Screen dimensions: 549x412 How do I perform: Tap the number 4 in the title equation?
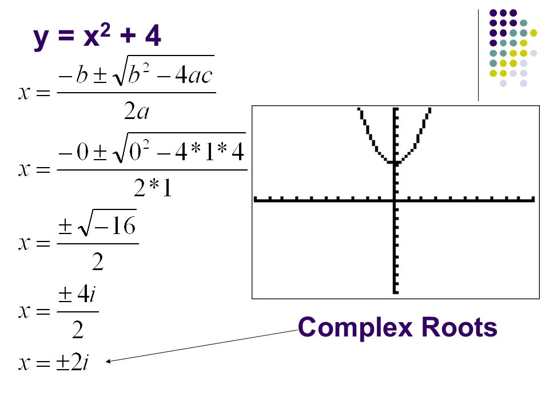(x=153, y=37)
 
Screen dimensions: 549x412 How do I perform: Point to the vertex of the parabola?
(x=394, y=163)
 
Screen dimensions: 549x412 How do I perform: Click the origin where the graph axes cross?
(x=394, y=200)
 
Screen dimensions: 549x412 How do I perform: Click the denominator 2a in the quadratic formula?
(x=137, y=110)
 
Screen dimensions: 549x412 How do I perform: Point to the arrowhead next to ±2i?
(x=109, y=361)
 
